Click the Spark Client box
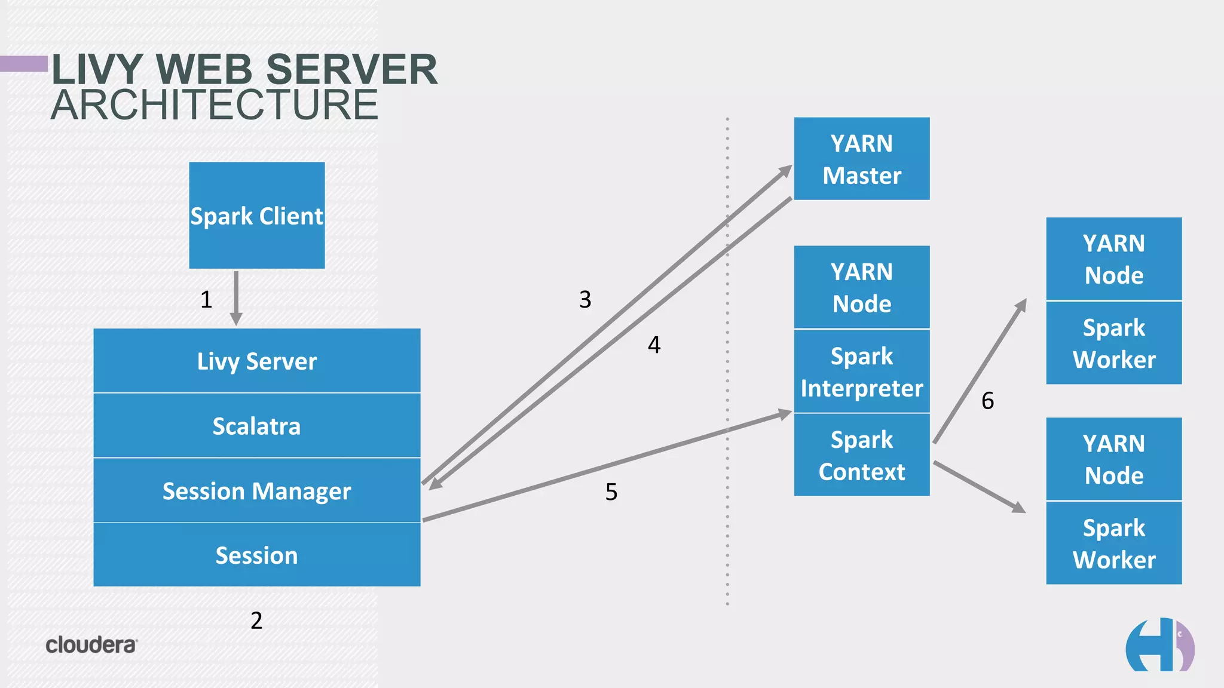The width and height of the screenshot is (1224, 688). [x=257, y=215]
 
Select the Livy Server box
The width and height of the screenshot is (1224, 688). [x=257, y=361]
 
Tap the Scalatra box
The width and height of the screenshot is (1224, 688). [x=257, y=426]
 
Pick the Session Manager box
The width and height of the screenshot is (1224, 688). [x=257, y=491]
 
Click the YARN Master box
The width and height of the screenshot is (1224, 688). [x=861, y=159]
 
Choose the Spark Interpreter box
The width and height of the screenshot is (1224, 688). [x=861, y=371]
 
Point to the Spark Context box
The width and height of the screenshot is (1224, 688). [x=861, y=455]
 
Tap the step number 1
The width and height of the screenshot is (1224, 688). [x=206, y=299]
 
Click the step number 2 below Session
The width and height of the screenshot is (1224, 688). [x=256, y=621]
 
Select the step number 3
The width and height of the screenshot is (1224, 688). [x=585, y=299]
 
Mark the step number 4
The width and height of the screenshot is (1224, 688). [x=654, y=345]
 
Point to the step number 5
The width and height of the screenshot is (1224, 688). [x=611, y=492]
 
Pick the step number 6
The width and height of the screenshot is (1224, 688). [x=987, y=401]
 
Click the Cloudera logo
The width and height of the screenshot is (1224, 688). [x=91, y=645]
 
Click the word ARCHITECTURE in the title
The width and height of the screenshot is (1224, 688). [x=215, y=105]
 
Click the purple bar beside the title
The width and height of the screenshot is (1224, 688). [x=24, y=63]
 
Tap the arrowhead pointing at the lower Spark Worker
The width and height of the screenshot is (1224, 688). [x=1018, y=508]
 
